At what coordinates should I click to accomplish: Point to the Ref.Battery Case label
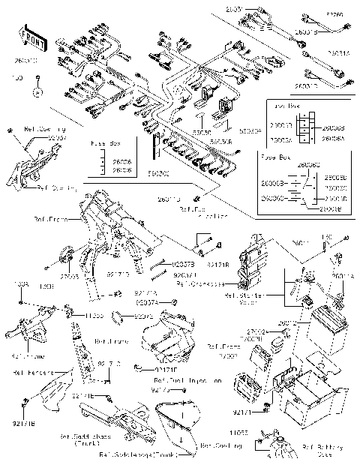pyautogui.click(x=322, y=451)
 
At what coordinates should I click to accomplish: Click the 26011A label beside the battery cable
pyautogui.click(x=342, y=277)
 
